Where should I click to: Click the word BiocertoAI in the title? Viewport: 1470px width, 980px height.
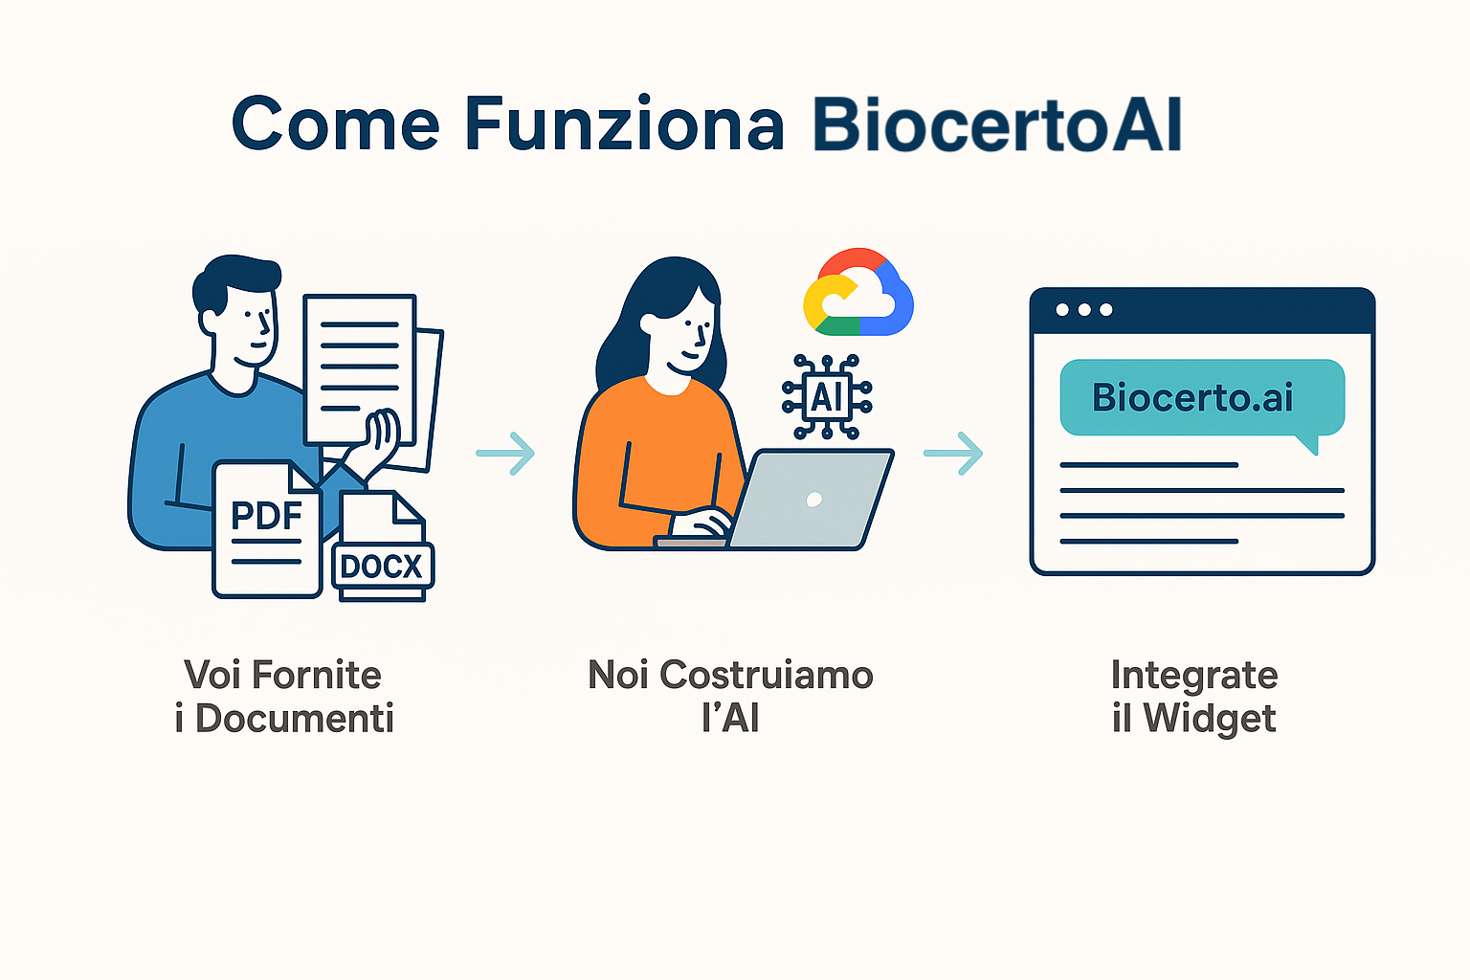(x=997, y=124)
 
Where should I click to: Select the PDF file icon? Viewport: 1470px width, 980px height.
(x=267, y=529)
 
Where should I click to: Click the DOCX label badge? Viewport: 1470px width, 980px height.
(x=383, y=566)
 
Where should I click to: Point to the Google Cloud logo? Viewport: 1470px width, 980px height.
(x=858, y=292)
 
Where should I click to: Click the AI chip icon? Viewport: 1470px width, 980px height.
(x=827, y=396)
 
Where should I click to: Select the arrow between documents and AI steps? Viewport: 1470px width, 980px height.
(x=505, y=453)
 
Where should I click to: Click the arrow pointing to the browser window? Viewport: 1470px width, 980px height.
(x=953, y=453)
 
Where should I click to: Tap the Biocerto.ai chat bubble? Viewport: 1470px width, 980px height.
(x=1202, y=398)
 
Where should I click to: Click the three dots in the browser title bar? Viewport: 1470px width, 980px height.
(x=1084, y=310)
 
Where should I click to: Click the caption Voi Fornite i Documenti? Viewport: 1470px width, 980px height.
(x=283, y=696)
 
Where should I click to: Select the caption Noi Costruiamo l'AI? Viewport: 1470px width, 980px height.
(x=730, y=696)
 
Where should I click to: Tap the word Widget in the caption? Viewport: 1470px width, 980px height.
(x=1210, y=719)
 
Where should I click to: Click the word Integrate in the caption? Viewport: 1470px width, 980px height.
(x=1194, y=676)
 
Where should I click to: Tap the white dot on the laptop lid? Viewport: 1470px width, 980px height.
(x=813, y=501)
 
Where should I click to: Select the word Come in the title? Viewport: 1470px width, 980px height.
(x=335, y=124)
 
